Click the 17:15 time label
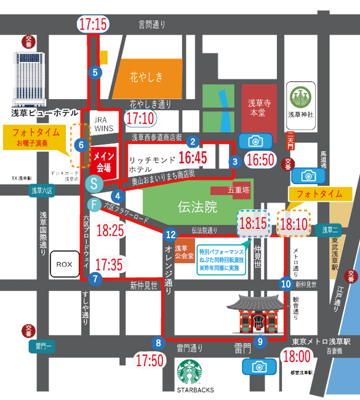pos(94,25)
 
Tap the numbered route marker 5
pos(95,72)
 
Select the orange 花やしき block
pos(147,76)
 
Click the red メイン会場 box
pos(103,161)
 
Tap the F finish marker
pos(94,204)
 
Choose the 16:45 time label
pos(192,158)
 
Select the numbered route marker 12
pos(171,234)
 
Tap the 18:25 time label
pos(111,231)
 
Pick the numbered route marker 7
pos(95,278)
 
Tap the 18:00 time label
pos(297,356)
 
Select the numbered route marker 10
pos(286,284)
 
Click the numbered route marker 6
pos(81,146)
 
